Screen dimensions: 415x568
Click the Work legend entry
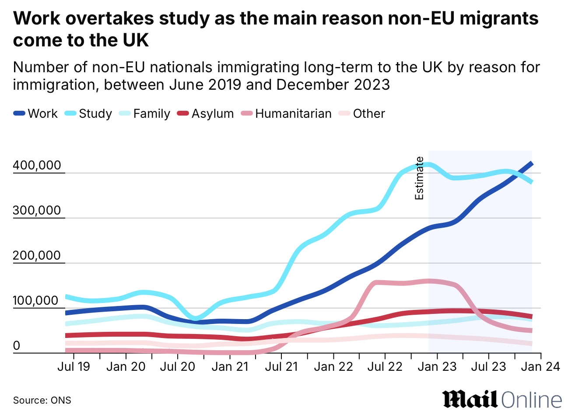(x=36, y=114)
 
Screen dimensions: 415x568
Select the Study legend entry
(x=88, y=114)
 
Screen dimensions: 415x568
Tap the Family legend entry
(x=144, y=114)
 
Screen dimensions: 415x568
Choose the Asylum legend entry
(x=206, y=114)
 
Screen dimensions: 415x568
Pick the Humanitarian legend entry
(x=286, y=114)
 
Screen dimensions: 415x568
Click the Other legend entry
(x=362, y=114)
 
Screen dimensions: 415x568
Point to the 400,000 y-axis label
(x=37, y=165)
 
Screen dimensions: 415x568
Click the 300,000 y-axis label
(x=37, y=211)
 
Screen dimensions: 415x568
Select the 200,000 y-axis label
(x=37, y=256)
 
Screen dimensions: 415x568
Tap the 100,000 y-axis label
(x=37, y=301)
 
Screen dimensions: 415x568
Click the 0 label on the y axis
(x=17, y=346)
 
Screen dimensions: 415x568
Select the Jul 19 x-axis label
(x=74, y=366)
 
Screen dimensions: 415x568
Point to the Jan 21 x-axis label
(x=230, y=366)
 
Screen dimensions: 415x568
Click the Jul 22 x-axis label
(x=385, y=366)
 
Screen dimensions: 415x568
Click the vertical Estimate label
(x=419, y=178)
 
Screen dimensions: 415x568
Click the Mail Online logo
(x=502, y=400)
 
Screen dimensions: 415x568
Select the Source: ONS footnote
(x=42, y=400)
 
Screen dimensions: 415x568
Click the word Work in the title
(x=39, y=18)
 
